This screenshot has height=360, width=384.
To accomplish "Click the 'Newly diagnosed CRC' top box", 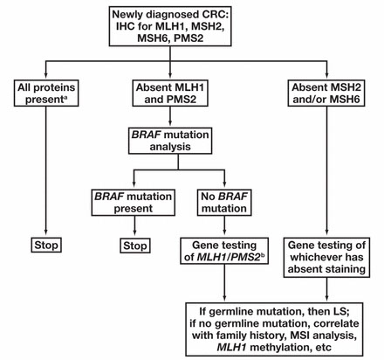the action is (x=170, y=26).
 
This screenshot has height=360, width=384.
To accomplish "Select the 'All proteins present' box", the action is (x=46, y=93).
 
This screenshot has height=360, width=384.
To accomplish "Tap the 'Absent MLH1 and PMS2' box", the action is (x=170, y=93).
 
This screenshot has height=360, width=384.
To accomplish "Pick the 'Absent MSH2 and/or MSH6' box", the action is (x=326, y=93).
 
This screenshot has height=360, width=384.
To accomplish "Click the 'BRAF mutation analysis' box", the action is (x=170, y=141).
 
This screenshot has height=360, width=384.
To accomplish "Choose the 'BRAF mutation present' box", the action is (x=134, y=203).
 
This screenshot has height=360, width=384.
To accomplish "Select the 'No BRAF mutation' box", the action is (x=224, y=203).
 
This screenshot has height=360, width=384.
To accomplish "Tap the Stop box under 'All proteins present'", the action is (x=46, y=245).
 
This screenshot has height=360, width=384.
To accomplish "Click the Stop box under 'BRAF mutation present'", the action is (x=135, y=246).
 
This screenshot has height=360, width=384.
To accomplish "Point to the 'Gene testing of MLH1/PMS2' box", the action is (x=224, y=251).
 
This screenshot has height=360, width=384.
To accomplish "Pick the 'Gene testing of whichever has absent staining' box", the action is (x=326, y=258).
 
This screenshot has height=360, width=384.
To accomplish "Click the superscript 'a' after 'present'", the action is (x=65, y=98).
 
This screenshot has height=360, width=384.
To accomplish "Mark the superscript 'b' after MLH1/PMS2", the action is (x=263, y=255).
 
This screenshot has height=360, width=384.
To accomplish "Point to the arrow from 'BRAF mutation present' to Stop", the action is (x=134, y=225).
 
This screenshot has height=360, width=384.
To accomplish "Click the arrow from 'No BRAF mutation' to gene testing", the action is (x=224, y=225).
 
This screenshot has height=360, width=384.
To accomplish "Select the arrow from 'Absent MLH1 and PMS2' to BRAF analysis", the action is (x=170, y=116).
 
